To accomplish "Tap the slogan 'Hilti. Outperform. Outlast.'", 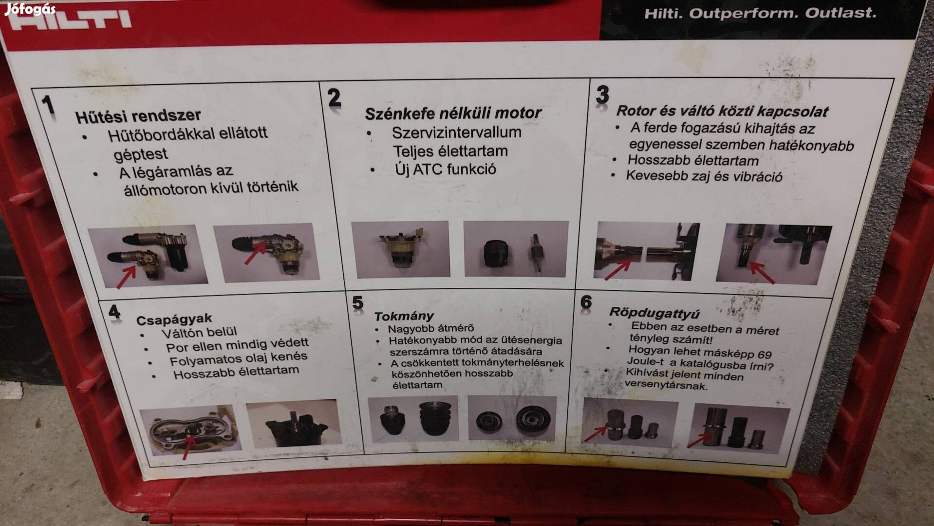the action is point(760,13).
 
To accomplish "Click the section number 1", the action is point(48,105).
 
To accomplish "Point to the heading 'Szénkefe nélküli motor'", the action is point(453,113).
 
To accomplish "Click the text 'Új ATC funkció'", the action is point(446,169).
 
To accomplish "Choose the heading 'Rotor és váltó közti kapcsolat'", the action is point(722,111).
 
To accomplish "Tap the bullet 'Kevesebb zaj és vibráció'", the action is point(704,176).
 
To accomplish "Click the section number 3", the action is point(602,94).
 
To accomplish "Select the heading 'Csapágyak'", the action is point(174,319).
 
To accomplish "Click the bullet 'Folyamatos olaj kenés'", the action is point(239,358).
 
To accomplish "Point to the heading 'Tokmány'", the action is point(404,316).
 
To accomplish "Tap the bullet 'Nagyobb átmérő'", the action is point(430,329).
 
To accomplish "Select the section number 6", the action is point(586,302).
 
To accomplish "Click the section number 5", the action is point(358,303).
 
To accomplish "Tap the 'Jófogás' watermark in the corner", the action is point(30,9).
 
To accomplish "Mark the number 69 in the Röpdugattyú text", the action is point(765,354).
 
